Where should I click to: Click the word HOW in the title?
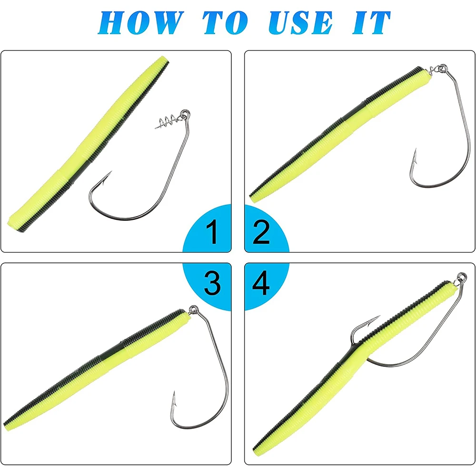click(141, 23)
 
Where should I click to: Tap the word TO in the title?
click(226, 23)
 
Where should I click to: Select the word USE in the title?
click(300, 23)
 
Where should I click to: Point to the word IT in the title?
click(371, 23)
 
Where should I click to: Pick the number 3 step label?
click(212, 283)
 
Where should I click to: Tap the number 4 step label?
click(261, 283)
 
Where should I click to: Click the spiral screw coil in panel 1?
click(168, 121)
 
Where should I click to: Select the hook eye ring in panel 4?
click(462, 278)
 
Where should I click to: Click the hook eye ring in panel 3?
click(193, 310)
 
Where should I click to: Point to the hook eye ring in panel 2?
click(443, 68)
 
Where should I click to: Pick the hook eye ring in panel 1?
click(185, 114)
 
